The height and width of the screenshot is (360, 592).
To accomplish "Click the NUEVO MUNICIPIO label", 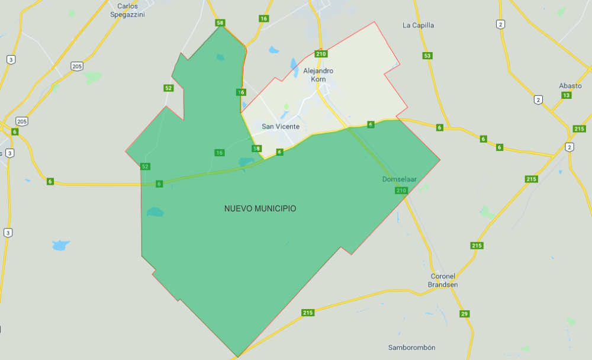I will pyautogui.click(x=260, y=208).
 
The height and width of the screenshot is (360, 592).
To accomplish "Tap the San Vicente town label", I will pyautogui.click(x=281, y=126).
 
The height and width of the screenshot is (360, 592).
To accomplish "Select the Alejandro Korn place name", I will pyautogui.click(x=318, y=75).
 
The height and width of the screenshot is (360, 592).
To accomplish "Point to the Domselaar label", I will pyautogui.click(x=400, y=179).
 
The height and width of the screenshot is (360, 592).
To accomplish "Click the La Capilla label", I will pyautogui.click(x=419, y=25).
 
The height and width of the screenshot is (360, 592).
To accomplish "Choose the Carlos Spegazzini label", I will pyautogui.click(x=127, y=9).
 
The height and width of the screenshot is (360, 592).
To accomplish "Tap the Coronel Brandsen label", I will pyautogui.click(x=443, y=280).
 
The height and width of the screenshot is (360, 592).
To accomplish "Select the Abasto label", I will pyautogui.click(x=570, y=86).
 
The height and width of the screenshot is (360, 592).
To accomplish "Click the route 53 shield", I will pyautogui.click(x=427, y=56).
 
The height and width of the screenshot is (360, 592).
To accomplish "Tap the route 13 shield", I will pyautogui.click(x=567, y=95).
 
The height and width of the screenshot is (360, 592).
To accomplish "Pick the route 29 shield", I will pyautogui.click(x=464, y=313).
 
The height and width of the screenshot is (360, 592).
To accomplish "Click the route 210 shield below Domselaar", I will pyautogui.click(x=401, y=190).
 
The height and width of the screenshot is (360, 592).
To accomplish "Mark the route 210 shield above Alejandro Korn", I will pyautogui.click(x=321, y=54).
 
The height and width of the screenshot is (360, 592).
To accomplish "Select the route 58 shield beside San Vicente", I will pyautogui.click(x=257, y=149).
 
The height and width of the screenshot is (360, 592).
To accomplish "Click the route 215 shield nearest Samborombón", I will pyautogui.click(x=307, y=313).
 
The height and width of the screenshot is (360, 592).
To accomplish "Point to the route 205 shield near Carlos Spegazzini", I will pyautogui.click(x=77, y=66).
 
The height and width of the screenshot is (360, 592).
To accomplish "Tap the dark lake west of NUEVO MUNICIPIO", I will pyautogui.click(x=155, y=211).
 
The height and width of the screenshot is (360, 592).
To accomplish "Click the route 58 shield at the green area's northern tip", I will pyautogui.click(x=221, y=23).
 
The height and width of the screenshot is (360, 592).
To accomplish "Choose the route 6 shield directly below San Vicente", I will pyautogui.click(x=280, y=152).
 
